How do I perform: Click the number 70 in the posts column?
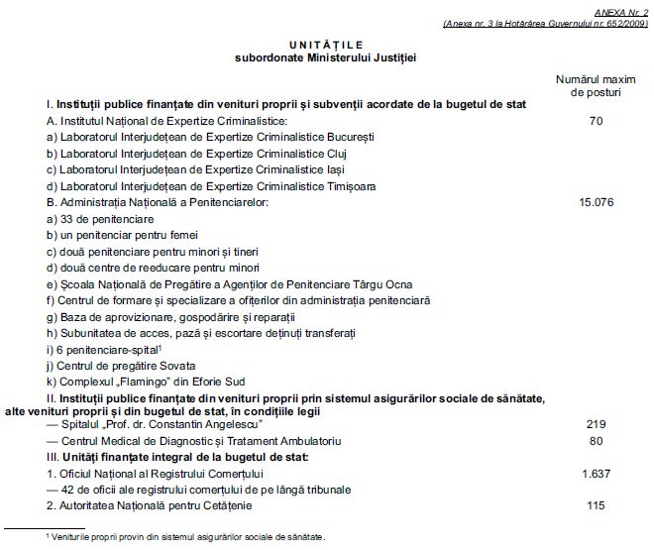(x=596, y=120)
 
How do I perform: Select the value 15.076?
(x=596, y=202)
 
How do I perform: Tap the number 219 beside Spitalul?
(x=596, y=423)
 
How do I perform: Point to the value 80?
(x=596, y=439)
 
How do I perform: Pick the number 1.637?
(x=596, y=473)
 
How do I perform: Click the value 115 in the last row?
(x=596, y=505)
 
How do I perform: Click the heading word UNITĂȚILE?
(x=327, y=44)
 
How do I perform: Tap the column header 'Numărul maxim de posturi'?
(x=596, y=83)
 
